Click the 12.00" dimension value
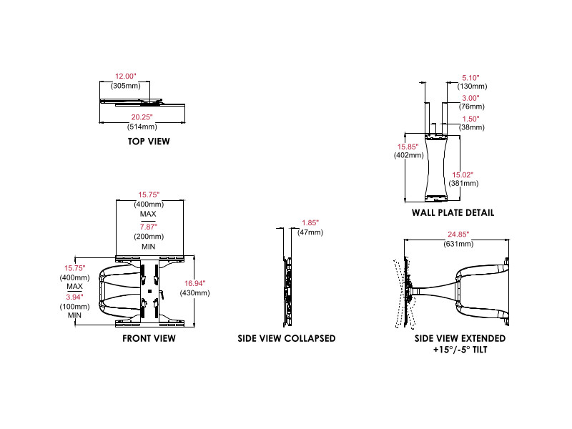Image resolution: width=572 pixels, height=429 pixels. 126,76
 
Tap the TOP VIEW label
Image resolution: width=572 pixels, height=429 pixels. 149,142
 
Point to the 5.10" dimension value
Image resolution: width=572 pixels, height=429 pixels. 470,77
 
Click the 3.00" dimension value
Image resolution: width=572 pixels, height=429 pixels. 470,98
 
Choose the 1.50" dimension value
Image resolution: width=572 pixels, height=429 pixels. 470,119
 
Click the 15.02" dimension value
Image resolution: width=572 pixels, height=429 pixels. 463,174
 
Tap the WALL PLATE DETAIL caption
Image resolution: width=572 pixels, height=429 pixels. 453,213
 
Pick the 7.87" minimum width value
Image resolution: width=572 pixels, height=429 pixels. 149,227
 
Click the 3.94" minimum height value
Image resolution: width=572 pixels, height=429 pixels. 74,297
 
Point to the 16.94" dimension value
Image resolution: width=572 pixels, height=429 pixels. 196,284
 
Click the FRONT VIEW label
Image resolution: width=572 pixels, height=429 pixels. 149,339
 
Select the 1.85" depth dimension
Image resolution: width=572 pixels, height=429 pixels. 310,224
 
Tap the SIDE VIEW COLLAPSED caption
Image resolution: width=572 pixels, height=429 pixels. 287,339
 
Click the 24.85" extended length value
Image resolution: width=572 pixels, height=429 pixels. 460,235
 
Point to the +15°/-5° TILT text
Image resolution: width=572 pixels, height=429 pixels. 460,352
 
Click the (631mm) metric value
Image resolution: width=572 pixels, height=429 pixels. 460,244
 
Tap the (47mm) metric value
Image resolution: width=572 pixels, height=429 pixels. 310,233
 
